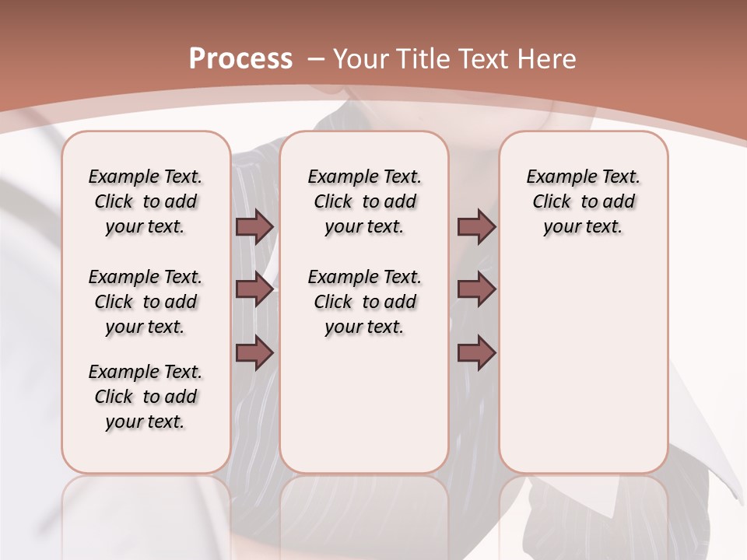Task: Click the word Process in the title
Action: [240, 58]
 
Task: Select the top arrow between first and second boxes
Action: [254, 226]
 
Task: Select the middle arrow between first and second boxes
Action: [254, 289]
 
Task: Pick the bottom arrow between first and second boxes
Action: [254, 353]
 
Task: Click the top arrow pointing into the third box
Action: [476, 226]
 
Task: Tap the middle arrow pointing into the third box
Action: [476, 289]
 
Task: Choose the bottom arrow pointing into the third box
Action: [476, 353]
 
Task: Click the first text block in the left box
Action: [146, 201]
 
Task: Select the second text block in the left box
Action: [146, 302]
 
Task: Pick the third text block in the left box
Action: [146, 397]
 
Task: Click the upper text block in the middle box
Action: [364, 201]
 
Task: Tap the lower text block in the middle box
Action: [364, 302]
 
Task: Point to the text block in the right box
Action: [584, 201]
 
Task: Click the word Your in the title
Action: [362, 58]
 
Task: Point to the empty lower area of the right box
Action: [584, 366]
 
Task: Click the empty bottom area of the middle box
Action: [364, 412]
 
